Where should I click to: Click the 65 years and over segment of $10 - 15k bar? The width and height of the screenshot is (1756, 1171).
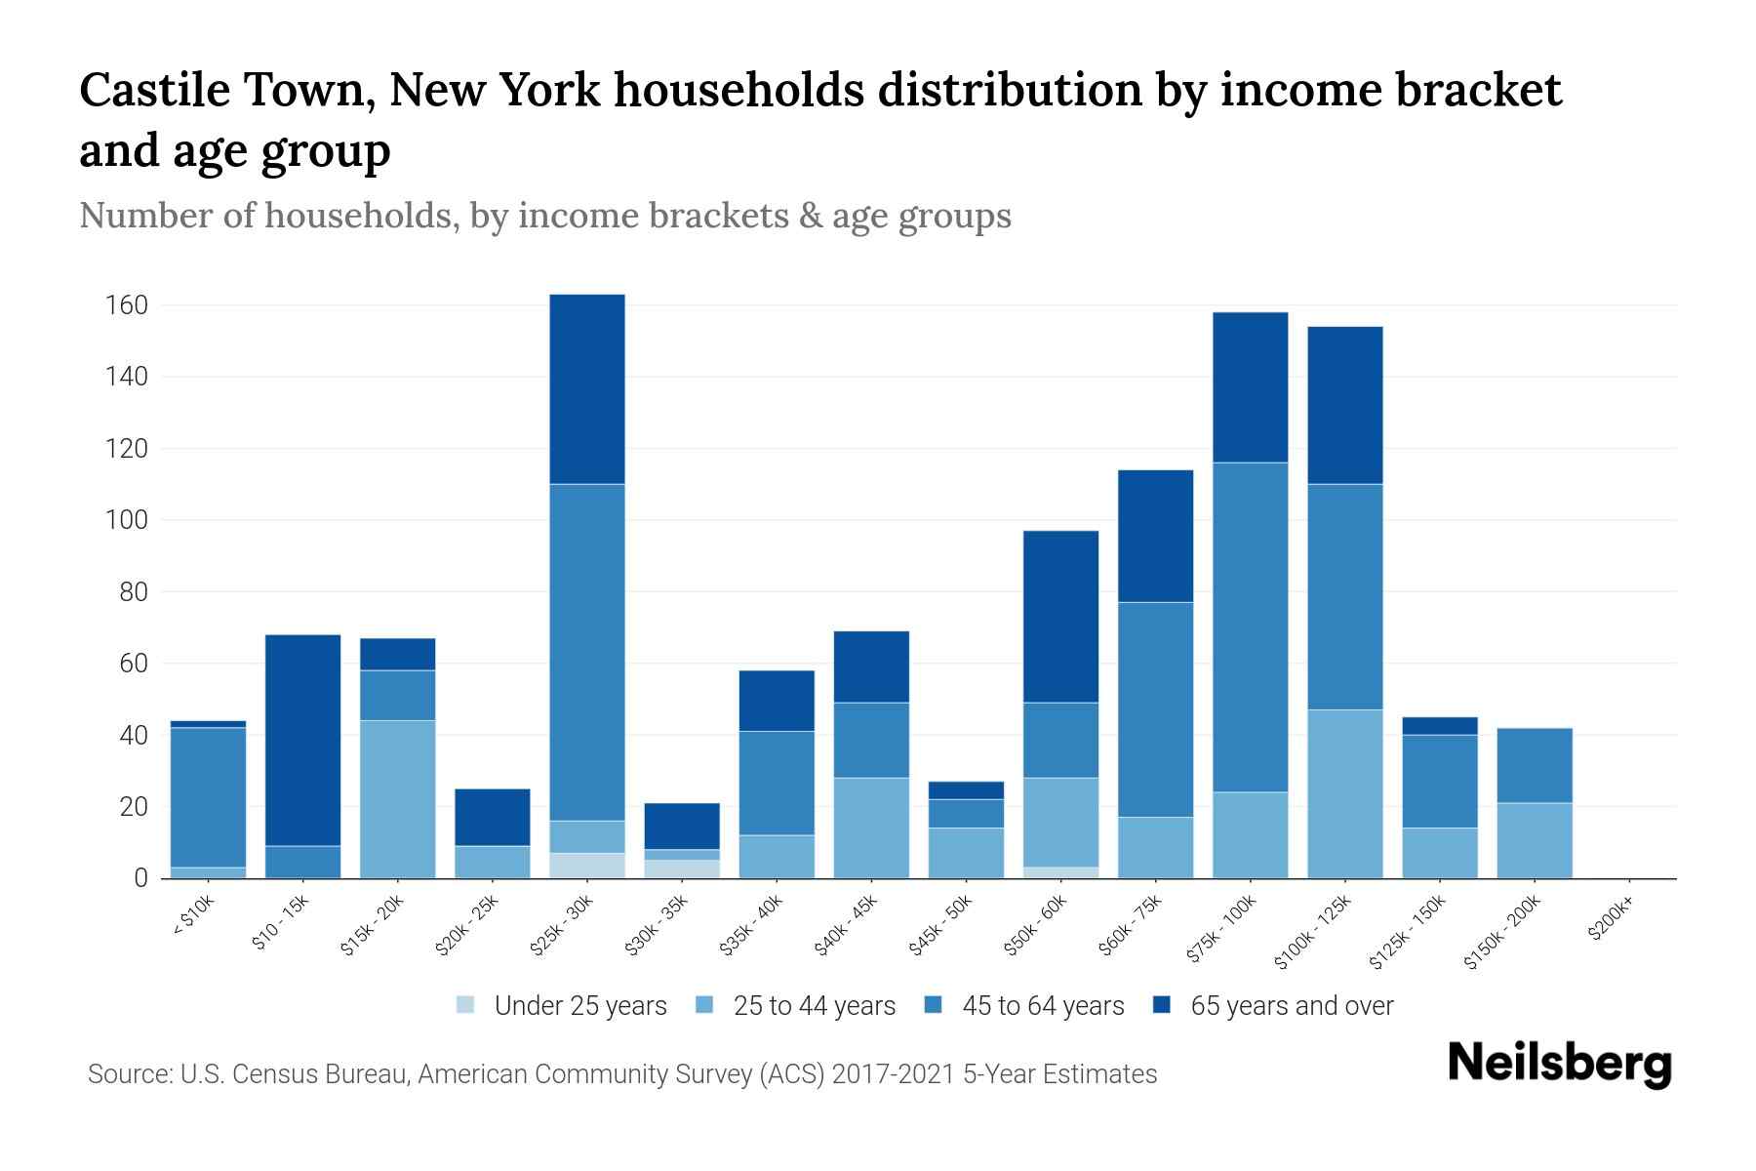point(303,740)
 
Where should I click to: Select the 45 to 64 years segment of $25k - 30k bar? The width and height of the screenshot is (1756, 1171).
point(587,652)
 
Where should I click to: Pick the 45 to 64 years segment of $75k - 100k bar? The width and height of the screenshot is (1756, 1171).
point(1251,626)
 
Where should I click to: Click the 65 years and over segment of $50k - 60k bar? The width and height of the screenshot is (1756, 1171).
point(1061,617)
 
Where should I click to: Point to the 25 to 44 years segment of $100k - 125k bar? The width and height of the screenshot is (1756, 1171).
point(1345,793)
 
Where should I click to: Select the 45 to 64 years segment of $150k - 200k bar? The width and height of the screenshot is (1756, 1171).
point(1535,765)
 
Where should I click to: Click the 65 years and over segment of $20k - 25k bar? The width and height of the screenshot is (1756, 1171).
point(493,817)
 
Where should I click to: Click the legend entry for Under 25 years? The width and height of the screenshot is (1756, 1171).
point(562,1006)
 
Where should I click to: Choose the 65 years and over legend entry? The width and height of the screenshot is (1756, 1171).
point(1273,1006)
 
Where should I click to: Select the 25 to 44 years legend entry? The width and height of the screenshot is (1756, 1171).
point(796,1006)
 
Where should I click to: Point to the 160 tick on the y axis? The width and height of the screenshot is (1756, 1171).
point(126,305)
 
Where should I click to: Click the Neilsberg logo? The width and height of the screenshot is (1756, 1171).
point(1559,1064)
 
